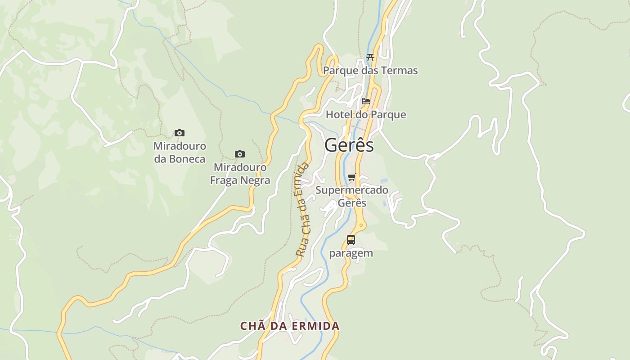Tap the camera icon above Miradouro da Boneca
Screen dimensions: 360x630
click(180, 133)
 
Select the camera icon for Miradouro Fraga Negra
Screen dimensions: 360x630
click(240, 154)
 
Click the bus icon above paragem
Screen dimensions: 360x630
click(351, 239)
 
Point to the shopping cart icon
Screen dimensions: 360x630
click(352, 177)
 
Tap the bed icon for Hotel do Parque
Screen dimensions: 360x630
click(366, 101)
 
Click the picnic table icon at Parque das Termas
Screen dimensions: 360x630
click(370, 57)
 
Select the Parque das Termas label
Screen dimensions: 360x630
click(370, 71)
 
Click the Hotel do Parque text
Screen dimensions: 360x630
click(366, 115)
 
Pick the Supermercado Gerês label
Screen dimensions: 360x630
click(352, 196)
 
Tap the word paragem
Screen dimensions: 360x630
click(351, 253)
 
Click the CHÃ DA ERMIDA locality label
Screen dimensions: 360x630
click(290, 326)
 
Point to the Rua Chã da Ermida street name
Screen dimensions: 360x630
click(302, 210)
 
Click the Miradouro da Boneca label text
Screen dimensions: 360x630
click(180, 153)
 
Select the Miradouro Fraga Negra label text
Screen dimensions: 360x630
click(240, 174)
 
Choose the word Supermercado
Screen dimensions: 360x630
click(352, 190)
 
